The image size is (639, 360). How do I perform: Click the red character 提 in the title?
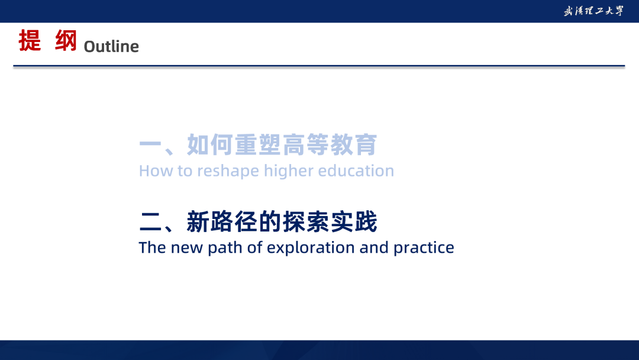(30, 40)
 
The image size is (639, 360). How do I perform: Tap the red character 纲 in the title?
(66, 40)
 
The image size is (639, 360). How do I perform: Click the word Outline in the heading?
(111, 46)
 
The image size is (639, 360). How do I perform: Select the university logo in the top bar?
(593, 11)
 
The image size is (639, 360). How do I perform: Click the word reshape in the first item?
(228, 171)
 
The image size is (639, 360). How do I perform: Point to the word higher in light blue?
(289, 171)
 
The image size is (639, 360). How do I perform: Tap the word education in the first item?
(356, 171)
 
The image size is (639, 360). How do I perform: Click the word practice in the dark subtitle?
(424, 248)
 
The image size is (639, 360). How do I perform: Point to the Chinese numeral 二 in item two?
(150, 222)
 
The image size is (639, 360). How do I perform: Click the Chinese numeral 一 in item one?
(150, 144)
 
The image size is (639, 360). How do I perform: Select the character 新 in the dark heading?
(198, 222)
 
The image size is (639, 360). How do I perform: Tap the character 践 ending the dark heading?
(366, 222)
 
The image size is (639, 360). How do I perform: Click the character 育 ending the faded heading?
(366, 144)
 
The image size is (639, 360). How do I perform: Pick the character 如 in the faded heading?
(198, 144)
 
